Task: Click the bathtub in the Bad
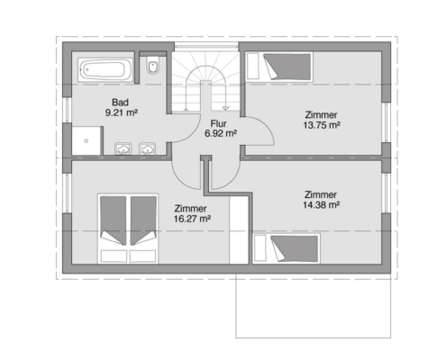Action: click(x=105, y=69)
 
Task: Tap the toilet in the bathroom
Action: click(x=153, y=66)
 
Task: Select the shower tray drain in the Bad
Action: click(x=86, y=140)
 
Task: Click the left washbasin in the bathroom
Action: click(x=123, y=148)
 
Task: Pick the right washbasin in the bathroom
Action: click(x=147, y=148)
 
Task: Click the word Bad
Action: click(x=120, y=103)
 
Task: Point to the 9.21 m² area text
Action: click(x=122, y=112)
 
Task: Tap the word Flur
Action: click(x=218, y=123)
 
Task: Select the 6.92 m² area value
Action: click(x=221, y=133)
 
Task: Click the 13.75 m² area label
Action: click(x=322, y=125)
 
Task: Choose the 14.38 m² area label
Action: click(x=321, y=205)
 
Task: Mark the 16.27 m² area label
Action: click(x=192, y=219)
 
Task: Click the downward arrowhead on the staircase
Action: click(x=225, y=108)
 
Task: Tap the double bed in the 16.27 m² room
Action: click(x=128, y=229)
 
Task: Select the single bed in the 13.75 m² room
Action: click(x=279, y=67)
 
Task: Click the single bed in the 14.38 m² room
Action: click(x=287, y=248)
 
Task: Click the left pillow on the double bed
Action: click(x=114, y=256)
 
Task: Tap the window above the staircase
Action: click(x=206, y=46)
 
